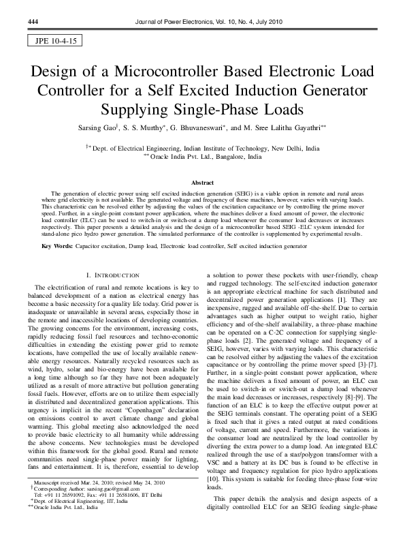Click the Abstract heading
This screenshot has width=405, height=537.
(202, 183)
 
